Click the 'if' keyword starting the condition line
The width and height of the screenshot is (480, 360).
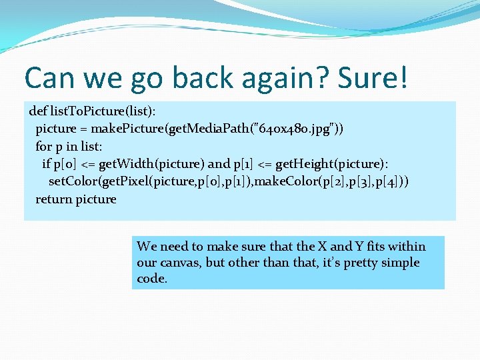(x=46, y=164)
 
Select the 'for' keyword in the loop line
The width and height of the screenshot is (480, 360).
(x=43, y=146)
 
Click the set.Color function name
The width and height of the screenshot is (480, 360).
(x=74, y=182)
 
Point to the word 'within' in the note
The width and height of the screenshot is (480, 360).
(x=406, y=247)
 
